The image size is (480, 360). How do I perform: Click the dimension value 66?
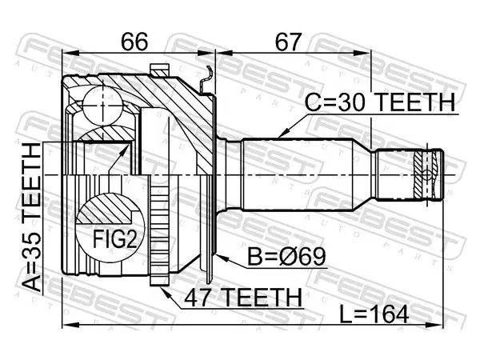click(134, 42)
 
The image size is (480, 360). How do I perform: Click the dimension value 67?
click(288, 42)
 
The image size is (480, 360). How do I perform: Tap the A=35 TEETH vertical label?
click(32, 217)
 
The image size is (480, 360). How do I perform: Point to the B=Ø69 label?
click(286, 257)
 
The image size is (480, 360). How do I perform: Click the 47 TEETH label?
click(243, 298)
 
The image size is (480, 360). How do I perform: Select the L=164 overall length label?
click(374, 314)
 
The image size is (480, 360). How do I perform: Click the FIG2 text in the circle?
click(114, 239)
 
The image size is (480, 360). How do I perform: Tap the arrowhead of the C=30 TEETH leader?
click(282, 134)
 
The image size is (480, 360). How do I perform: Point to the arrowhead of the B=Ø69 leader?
click(222, 258)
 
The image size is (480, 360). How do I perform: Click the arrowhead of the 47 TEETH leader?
click(165, 291)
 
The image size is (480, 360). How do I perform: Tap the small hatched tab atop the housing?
click(159, 70)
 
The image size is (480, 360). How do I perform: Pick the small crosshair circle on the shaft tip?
click(426, 175)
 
